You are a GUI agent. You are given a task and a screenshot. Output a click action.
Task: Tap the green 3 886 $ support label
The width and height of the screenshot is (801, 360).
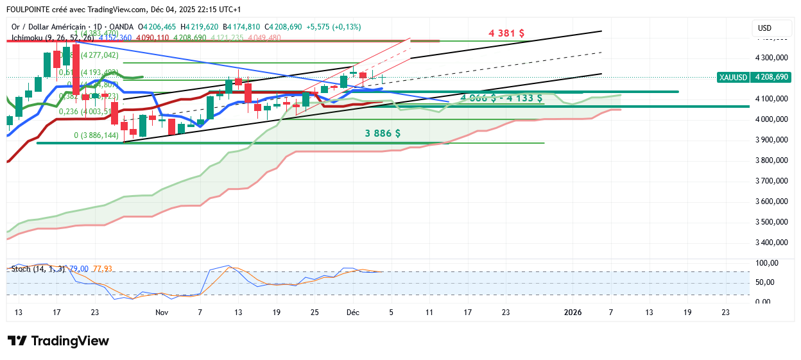coord(383,133)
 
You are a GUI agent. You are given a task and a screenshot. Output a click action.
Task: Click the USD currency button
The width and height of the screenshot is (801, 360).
coord(764,28)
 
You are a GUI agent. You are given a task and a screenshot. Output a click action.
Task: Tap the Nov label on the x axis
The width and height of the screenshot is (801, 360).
coord(162,313)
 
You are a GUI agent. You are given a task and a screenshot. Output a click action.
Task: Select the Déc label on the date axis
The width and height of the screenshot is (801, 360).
coord(352,313)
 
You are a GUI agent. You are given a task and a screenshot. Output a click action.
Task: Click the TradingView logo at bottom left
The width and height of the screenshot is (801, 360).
coord(58,341)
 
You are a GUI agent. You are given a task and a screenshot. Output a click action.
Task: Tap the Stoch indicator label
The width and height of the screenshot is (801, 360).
coord(20,268)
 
